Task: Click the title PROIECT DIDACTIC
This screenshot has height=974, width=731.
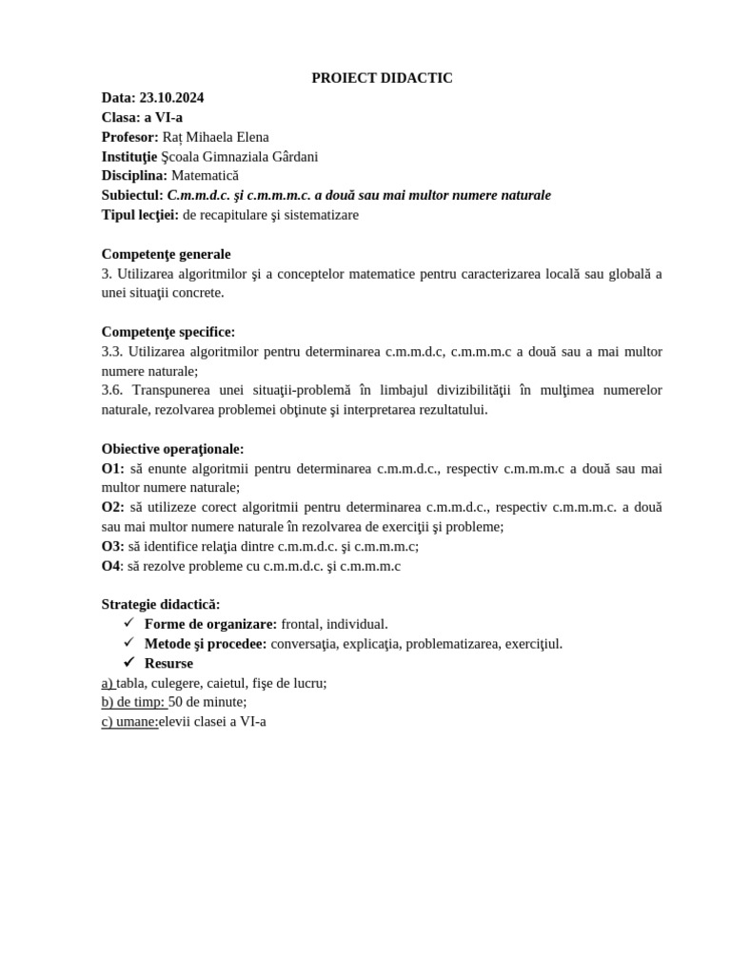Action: (x=382, y=78)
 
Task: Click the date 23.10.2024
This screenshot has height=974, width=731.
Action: (x=171, y=98)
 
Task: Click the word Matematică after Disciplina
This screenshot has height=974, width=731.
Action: (x=205, y=176)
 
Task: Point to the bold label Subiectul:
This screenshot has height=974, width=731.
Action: (x=132, y=195)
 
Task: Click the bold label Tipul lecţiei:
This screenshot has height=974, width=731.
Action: (x=140, y=215)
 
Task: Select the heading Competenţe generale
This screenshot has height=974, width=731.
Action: (x=166, y=254)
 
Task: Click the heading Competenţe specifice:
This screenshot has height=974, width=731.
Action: (x=168, y=332)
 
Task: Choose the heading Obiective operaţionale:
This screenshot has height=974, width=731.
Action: (x=172, y=449)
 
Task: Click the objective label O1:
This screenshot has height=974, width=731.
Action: (x=112, y=469)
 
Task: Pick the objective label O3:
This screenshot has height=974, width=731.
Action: (x=112, y=547)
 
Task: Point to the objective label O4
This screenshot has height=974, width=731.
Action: (x=111, y=566)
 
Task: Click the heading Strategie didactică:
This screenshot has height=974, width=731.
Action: (x=161, y=605)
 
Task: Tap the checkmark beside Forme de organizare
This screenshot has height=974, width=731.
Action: (x=129, y=623)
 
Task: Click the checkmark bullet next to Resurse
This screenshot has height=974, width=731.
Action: (x=129, y=662)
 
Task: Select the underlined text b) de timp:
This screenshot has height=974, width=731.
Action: (x=133, y=702)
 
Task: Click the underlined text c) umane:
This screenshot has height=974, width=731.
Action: (x=129, y=722)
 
